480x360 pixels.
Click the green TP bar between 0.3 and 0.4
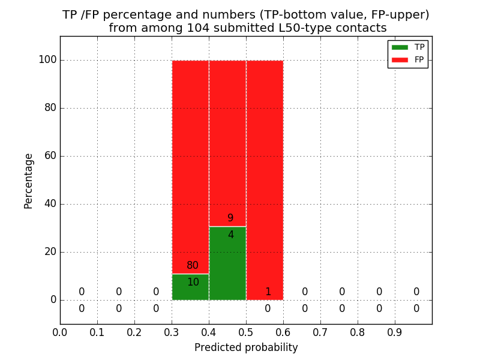pos(190,287)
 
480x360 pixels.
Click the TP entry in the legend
pos(408,47)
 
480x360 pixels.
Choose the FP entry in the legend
pos(408,59)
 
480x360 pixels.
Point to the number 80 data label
pos(193,266)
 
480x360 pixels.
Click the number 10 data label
pos(193,282)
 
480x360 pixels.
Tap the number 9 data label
pos(230,218)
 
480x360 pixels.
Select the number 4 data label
pos(230,235)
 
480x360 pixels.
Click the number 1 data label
pos(268,292)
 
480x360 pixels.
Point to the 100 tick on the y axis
pos(47,60)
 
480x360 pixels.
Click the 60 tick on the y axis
pos(50,156)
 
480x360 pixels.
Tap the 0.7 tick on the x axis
pos(320,332)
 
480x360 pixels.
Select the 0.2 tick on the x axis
pos(134,332)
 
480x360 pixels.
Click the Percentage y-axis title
pos(29,181)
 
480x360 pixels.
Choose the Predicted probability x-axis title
pos(246,347)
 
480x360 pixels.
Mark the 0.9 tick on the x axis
pos(395,332)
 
